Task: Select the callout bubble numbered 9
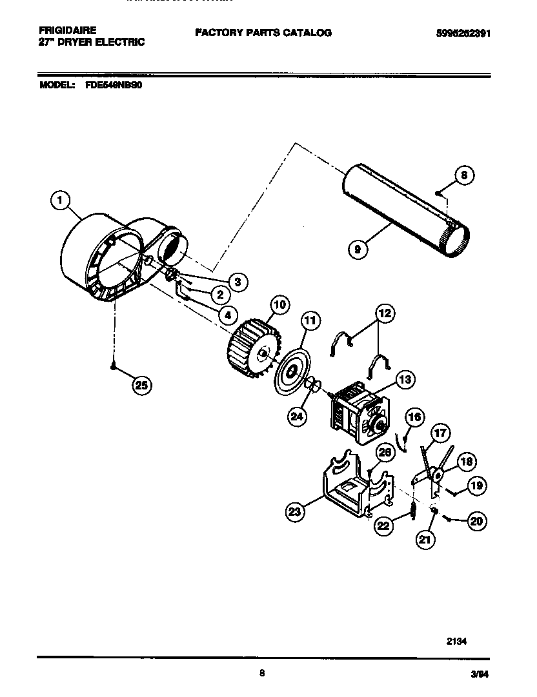[x=356, y=248]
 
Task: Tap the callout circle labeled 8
[x=463, y=175]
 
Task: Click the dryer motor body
[x=357, y=413]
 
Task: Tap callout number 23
[x=296, y=513]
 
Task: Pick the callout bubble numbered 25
[x=141, y=386]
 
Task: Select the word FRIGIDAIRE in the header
[x=67, y=30]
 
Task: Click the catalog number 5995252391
[x=459, y=33]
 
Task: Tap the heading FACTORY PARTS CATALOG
[x=263, y=32]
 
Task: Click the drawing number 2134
[x=456, y=642]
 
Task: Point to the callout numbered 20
[x=476, y=522]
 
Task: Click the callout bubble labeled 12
[x=385, y=313]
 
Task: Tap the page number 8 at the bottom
[x=261, y=673]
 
